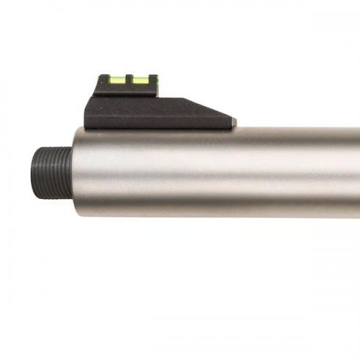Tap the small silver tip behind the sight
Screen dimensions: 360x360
(233, 121)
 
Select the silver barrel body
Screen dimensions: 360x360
(220, 176)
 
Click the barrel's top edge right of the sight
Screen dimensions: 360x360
(293, 130)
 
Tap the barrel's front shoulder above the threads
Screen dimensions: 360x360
(75, 138)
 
